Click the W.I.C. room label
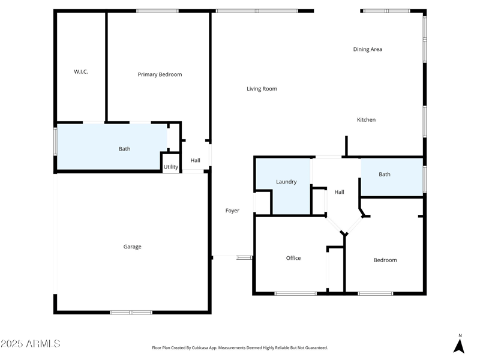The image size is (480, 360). (81, 72)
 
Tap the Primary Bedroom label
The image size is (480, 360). (160, 74)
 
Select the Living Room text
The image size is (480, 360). (262, 89)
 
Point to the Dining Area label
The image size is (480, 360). (367, 49)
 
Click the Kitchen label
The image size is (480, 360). (366, 120)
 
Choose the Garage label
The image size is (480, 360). (132, 247)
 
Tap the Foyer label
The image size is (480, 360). (232, 211)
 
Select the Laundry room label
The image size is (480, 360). (286, 182)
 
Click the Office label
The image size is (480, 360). (293, 258)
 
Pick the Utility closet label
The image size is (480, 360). (171, 167)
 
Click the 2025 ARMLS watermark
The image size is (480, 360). (31, 344)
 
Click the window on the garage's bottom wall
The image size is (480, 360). (131, 312)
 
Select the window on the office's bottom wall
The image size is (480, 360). (295, 293)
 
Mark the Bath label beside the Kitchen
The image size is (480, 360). (385, 175)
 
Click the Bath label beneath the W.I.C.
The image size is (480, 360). (124, 149)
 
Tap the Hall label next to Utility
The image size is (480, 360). (195, 160)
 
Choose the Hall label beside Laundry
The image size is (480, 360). (339, 192)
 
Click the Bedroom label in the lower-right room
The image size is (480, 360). (385, 260)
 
